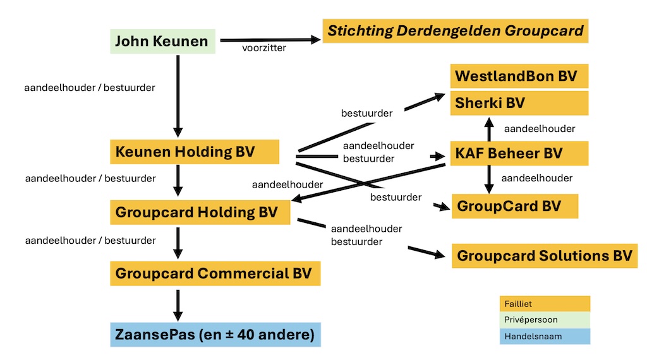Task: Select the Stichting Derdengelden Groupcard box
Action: [456, 31]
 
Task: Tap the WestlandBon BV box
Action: [519, 76]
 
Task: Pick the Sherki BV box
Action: [519, 103]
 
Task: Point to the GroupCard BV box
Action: [514, 207]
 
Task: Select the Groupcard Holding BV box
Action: [200, 212]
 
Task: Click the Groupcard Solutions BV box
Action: [544, 256]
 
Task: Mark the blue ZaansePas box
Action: [215, 334]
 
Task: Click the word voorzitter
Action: [264, 48]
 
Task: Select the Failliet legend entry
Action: [544, 304]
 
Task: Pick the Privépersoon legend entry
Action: [544, 320]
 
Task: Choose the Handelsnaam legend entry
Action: [544, 337]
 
